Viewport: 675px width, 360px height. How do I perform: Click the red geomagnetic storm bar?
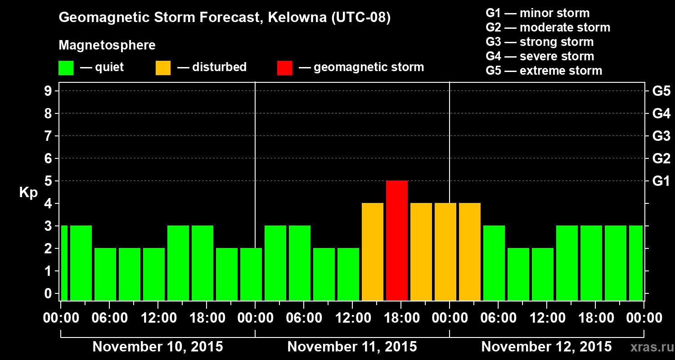[397, 240]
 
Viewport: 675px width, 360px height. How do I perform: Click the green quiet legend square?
[66, 68]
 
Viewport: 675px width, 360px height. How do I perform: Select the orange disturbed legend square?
[163, 68]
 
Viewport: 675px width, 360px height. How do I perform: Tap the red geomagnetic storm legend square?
[284, 68]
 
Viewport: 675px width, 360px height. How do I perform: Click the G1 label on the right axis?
[661, 181]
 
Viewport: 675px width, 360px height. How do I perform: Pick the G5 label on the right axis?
[661, 91]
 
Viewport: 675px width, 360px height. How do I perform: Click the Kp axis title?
[28, 193]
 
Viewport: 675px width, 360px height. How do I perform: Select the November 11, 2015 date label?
[352, 347]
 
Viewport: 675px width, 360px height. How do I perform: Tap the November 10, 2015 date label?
[157, 347]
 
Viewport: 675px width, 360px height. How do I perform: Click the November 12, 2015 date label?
[546, 347]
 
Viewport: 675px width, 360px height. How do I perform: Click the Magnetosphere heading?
[107, 45]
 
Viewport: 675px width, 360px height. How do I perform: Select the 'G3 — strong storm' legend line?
[540, 42]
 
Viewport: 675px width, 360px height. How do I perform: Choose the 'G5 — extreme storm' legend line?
[544, 71]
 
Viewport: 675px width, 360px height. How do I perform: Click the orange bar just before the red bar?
[373, 252]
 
